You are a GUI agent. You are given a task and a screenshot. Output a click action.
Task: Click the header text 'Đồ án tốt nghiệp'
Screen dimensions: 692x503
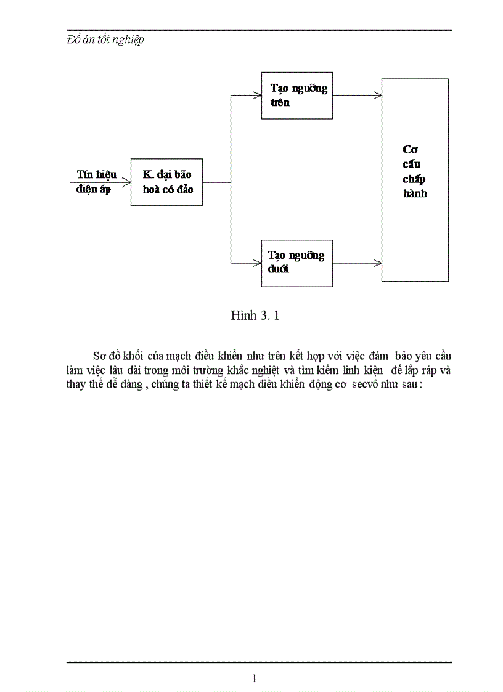(105, 40)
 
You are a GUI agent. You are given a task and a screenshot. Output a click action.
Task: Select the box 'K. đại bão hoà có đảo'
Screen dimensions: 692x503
(166, 182)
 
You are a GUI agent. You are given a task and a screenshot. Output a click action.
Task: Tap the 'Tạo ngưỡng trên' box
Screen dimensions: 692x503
(296, 95)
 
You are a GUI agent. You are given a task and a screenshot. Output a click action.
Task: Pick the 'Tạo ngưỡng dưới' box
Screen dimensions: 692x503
(296, 263)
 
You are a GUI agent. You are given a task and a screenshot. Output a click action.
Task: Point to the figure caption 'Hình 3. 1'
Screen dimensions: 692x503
(255, 315)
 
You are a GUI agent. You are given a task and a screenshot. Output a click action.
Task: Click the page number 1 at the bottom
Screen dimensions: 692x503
(255, 678)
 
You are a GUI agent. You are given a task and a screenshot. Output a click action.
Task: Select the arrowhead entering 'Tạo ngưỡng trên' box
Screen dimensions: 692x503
(257, 95)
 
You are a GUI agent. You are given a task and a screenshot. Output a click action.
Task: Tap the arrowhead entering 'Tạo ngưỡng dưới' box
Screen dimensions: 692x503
(257, 263)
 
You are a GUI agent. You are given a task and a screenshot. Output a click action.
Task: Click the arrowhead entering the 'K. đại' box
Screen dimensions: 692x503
(126, 182)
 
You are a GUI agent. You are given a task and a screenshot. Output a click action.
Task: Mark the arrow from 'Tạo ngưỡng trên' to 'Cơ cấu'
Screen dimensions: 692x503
(358, 95)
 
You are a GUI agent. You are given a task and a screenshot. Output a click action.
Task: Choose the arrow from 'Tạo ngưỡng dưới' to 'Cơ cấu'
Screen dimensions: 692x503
(358, 263)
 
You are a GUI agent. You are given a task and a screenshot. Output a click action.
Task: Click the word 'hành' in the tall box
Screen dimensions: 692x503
(415, 193)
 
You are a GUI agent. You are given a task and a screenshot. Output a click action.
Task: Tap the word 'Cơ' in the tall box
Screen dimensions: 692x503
(411, 150)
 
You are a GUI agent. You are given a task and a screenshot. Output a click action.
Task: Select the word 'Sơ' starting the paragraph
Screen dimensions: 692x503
(100, 356)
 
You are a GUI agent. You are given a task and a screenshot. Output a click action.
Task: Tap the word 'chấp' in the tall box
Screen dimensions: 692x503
(414, 179)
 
